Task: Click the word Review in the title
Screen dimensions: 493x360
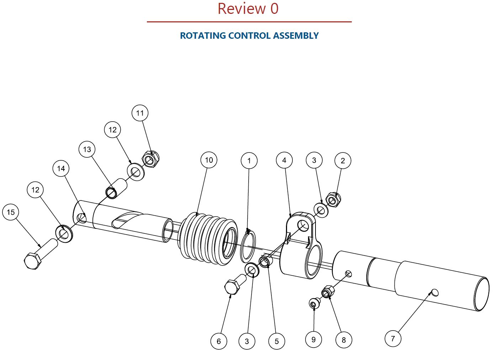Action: [x=242, y=9]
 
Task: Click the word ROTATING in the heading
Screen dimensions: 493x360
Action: [x=203, y=36]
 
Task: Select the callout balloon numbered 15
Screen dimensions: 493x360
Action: [x=11, y=212]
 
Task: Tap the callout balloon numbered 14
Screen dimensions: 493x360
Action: [x=61, y=168]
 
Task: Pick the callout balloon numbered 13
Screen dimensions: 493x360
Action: [x=87, y=149]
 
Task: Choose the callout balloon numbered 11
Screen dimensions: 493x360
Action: [x=140, y=113]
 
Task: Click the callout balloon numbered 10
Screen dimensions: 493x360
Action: [x=209, y=160]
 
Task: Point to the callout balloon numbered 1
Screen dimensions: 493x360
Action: [x=249, y=161]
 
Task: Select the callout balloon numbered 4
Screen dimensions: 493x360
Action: [x=284, y=160]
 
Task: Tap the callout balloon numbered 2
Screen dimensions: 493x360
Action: [x=343, y=161]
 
